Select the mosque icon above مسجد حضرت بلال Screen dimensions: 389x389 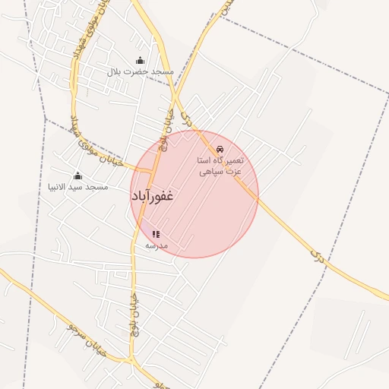pos(139,60)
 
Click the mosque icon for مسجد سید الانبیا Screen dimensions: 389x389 pos(77,176)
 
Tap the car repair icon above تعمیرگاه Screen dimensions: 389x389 pos(220,149)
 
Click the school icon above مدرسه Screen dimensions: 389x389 pos(156,235)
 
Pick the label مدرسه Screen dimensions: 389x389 pos(156,246)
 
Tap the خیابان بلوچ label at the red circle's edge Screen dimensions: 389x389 pos(164,129)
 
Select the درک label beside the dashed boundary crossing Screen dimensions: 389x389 pos(317,255)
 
